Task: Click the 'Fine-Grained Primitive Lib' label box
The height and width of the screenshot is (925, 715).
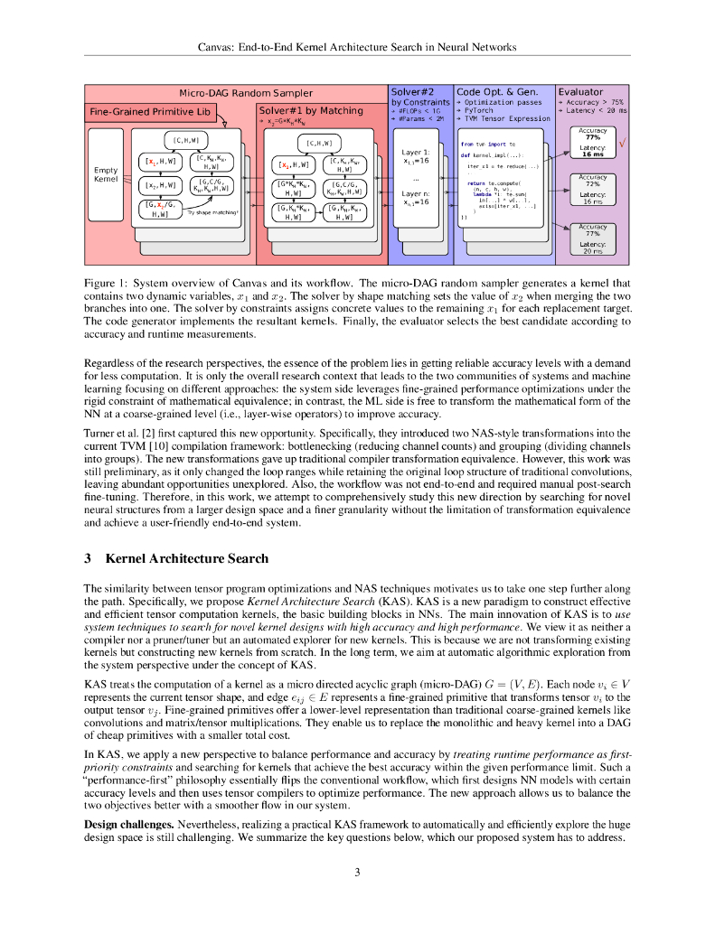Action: [150, 112]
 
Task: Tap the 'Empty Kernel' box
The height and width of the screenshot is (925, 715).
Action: [106, 174]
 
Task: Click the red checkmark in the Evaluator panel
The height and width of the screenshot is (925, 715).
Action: [623, 144]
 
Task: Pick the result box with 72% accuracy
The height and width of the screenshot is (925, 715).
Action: [592, 190]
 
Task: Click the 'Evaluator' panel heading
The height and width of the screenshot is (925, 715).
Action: [580, 92]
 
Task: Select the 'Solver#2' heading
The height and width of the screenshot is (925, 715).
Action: [411, 92]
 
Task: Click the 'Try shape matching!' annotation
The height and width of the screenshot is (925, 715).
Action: [212, 212]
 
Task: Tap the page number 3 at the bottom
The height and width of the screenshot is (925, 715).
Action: [357, 872]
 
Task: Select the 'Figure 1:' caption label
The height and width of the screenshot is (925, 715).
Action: [105, 284]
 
